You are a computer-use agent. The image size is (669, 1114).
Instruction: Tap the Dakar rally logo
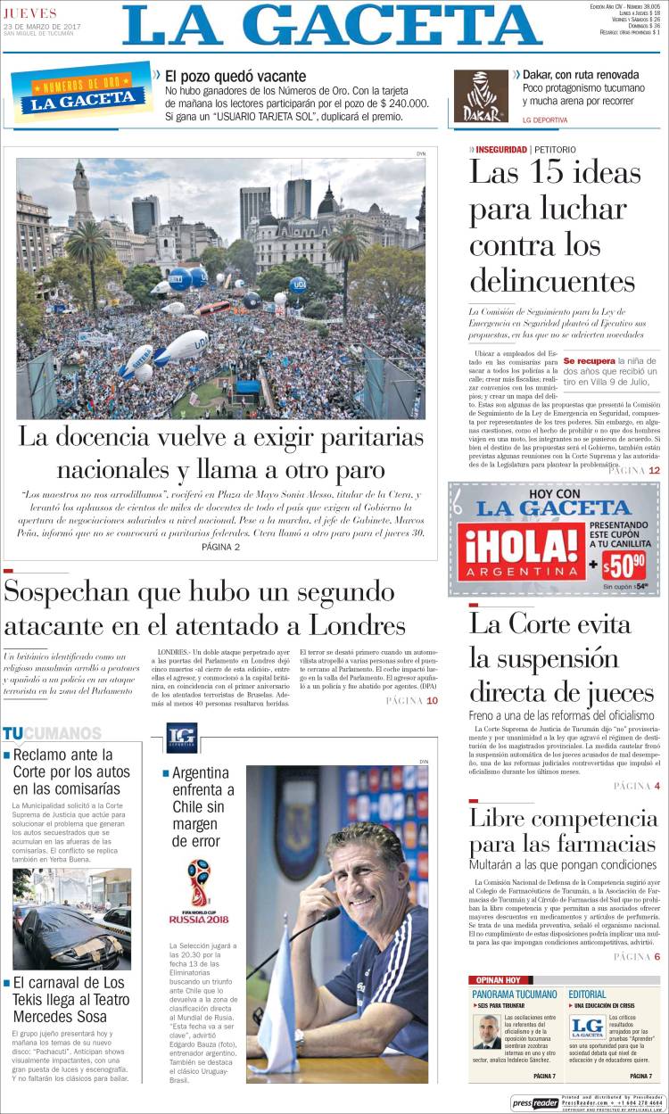(480, 96)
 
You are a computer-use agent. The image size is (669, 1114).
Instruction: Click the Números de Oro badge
(80, 94)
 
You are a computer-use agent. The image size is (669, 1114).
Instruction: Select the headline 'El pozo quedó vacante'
(235, 77)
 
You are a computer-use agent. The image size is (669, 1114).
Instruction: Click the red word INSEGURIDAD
(500, 149)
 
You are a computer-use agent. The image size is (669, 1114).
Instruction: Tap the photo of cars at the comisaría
(71, 919)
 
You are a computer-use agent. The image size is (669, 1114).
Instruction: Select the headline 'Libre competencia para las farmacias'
(562, 831)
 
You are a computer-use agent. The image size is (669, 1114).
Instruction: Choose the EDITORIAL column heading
(587, 994)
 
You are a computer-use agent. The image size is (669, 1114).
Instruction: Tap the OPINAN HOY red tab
(500, 979)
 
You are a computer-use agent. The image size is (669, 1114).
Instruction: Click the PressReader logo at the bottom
(535, 1102)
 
